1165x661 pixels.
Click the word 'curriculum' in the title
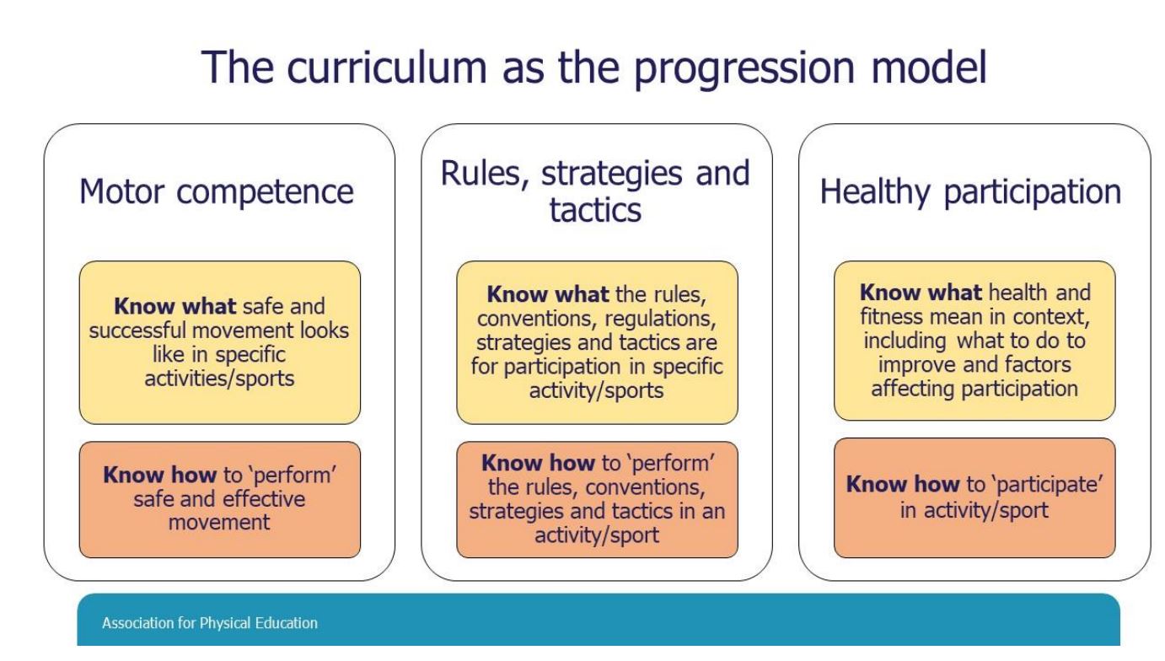point(387,67)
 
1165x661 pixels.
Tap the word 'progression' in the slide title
point(744,70)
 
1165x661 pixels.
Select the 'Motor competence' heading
point(217,192)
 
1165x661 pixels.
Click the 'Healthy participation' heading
point(970,193)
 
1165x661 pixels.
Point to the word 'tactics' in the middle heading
point(595,211)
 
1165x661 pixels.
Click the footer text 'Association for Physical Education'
point(210,623)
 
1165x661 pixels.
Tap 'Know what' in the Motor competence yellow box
point(174,306)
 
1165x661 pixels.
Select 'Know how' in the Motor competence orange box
point(159,475)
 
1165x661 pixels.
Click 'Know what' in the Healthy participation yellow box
point(921,293)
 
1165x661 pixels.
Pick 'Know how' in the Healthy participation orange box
point(903,484)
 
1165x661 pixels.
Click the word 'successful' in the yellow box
point(137,330)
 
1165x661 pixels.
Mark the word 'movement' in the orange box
point(219,523)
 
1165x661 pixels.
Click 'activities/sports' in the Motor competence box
point(219,379)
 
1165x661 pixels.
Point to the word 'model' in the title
point(929,67)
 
